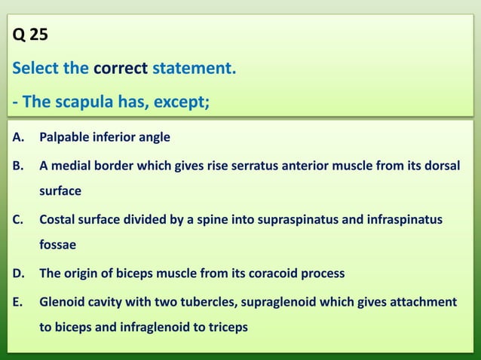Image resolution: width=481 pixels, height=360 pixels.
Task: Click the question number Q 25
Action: tap(31, 35)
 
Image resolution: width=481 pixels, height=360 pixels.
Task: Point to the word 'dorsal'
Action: tap(440, 166)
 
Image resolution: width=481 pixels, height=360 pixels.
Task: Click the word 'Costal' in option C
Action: tap(58, 219)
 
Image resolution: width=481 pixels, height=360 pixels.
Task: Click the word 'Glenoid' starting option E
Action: tap(62, 302)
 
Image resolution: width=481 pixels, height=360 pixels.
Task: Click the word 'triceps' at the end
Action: tap(228, 328)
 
